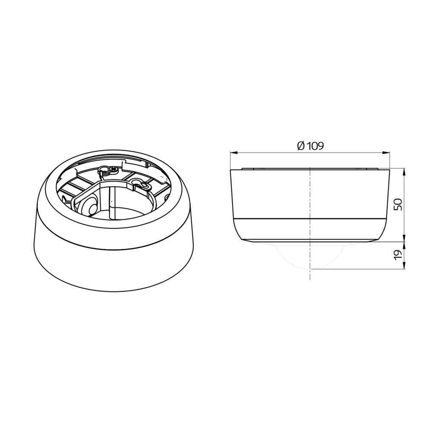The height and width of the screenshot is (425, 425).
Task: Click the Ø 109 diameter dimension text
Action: (310, 146)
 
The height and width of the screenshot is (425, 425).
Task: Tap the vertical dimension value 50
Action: (398, 204)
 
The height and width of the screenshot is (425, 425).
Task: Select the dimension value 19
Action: (398, 255)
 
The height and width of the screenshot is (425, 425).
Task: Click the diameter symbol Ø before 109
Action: (300, 146)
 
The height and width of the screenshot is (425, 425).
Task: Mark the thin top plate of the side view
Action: (310, 169)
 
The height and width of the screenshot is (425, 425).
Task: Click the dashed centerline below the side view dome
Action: (310, 274)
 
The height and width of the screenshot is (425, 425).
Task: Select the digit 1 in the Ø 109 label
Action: (308, 146)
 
